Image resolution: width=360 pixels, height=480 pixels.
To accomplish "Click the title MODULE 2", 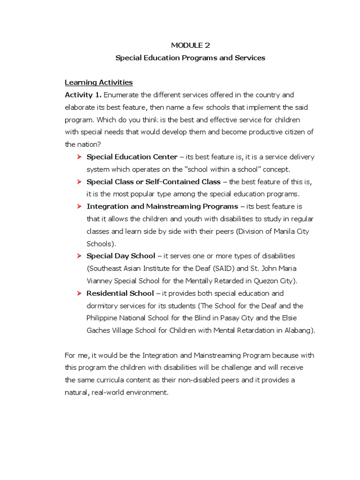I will coord(190,45).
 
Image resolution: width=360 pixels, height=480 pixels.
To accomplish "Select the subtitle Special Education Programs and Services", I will coord(190,58).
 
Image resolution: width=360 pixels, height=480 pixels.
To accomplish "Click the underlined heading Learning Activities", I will coord(98,82).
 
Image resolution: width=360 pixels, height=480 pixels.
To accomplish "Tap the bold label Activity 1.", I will coord(83,95).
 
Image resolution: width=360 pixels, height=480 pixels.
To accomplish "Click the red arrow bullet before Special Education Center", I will coord(79,157).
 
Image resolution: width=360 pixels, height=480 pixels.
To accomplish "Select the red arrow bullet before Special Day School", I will coord(79,256).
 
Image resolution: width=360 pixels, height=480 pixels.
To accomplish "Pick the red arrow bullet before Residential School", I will coord(79,293).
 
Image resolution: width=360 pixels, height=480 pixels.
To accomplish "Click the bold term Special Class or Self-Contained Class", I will coord(153,181).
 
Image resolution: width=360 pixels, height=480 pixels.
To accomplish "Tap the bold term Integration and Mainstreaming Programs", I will coord(162,206).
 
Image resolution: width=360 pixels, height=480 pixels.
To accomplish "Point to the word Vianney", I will coord(100,281).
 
